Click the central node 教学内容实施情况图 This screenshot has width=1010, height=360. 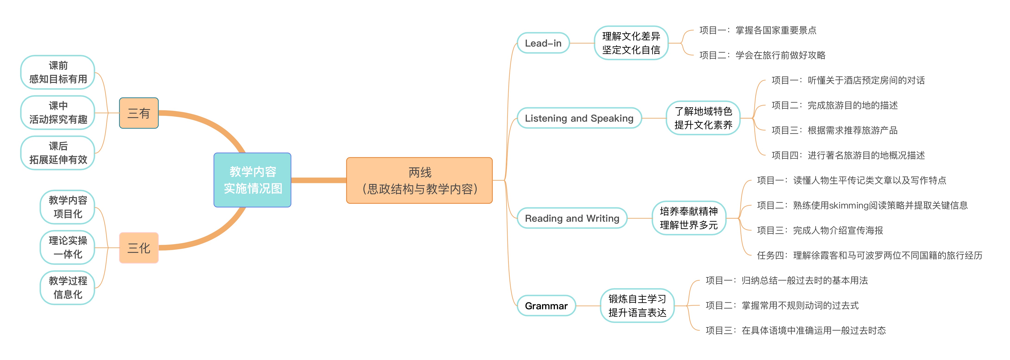tap(253, 180)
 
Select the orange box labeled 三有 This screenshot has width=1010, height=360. tap(139, 113)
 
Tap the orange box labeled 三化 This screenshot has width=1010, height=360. tap(139, 248)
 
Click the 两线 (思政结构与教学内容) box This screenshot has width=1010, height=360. tap(419, 180)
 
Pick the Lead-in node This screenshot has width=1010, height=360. tap(543, 43)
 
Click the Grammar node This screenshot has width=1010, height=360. tap(546, 306)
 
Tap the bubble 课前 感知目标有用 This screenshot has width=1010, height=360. tap(58, 72)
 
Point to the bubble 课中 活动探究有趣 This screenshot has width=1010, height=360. tap(58, 113)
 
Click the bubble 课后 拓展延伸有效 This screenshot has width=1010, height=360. tap(58, 153)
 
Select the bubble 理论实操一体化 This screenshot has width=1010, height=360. tap(68, 247)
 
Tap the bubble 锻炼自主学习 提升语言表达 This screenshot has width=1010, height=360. tap(637, 306)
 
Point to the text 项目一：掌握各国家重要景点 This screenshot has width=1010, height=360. tap(757, 30)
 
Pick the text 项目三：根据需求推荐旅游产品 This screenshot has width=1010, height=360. tap(834, 130)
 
